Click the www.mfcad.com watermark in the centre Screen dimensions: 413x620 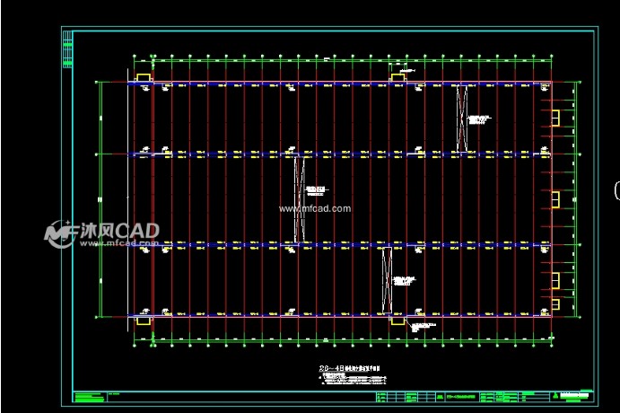(314, 208)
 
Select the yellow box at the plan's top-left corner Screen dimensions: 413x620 (142, 76)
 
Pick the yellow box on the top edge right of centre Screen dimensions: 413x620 (398, 77)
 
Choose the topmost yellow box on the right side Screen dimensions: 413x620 (555, 118)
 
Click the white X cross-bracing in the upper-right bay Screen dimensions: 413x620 (462, 117)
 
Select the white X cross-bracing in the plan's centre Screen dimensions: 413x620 (299, 198)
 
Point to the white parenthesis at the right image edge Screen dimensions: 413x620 (616, 189)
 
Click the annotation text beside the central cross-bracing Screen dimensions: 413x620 (315, 190)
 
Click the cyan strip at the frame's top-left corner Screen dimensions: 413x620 (65, 50)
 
